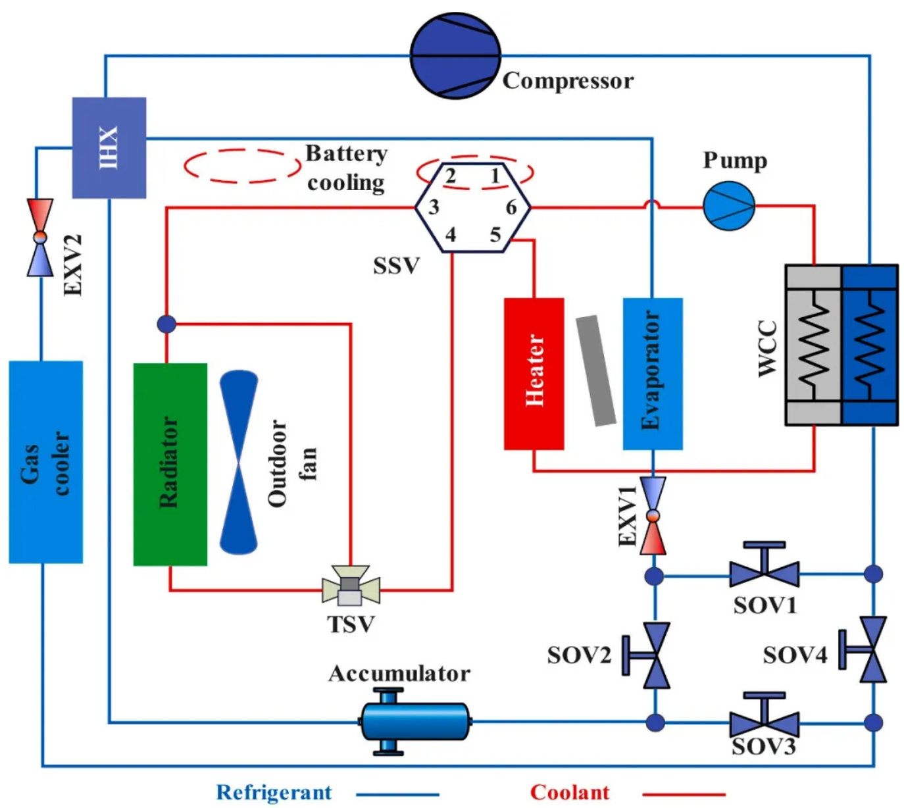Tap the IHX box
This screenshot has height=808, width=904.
point(109,147)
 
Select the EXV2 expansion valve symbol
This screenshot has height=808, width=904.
point(40,237)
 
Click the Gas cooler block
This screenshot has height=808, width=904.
point(46,462)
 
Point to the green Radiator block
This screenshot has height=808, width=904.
point(170,464)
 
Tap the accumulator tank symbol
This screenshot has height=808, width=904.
point(415,722)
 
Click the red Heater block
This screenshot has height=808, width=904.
point(534,374)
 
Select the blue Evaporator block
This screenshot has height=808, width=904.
point(653,374)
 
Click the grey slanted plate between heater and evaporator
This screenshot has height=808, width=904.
point(596,370)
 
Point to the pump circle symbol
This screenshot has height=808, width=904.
point(729,206)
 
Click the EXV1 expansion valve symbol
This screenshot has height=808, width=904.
point(653,516)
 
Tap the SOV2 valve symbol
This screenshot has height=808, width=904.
point(651,655)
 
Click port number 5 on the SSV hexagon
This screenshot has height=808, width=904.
point(495,235)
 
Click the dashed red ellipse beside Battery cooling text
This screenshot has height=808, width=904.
point(242,166)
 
